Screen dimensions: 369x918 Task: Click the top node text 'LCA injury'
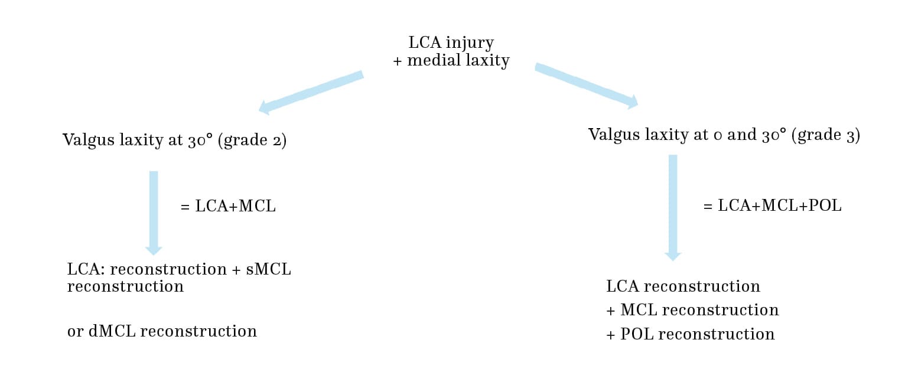point(451,43)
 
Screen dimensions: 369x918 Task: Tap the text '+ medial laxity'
point(451,61)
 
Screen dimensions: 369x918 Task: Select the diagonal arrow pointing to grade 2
point(311,92)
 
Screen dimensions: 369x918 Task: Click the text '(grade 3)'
point(825,135)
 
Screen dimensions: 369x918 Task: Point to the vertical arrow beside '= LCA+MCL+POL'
point(673,207)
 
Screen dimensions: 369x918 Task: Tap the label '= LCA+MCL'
point(227,207)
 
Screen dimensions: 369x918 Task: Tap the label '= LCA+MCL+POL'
point(772,206)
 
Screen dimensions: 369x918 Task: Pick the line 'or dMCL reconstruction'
point(162,331)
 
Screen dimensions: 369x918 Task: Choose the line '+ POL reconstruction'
point(690,334)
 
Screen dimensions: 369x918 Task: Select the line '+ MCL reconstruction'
point(692,310)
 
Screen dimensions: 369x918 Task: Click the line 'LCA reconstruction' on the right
point(683,286)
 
